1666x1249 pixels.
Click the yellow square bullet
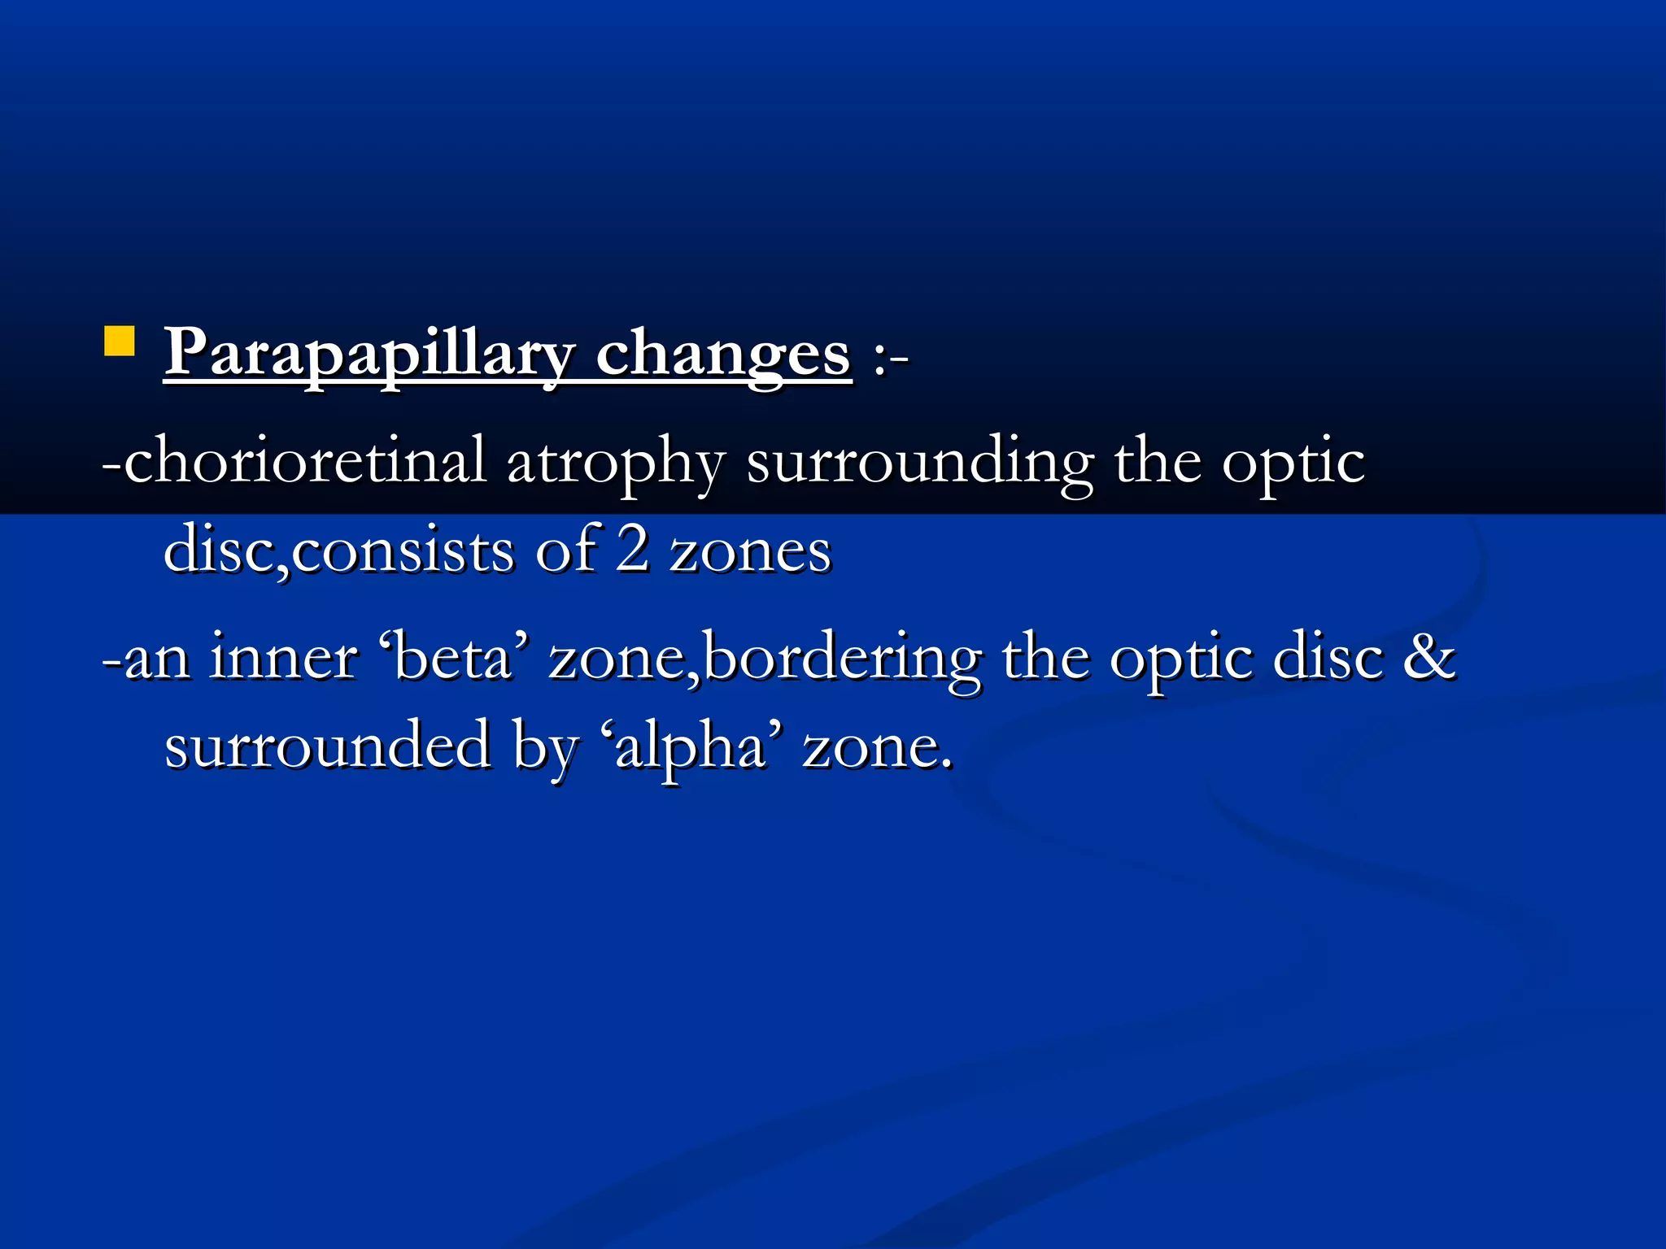pyautogui.click(x=119, y=342)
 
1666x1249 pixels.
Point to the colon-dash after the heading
pyautogui.click(x=890, y=358)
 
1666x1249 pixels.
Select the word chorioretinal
pyautogui.click(x=305, y=461)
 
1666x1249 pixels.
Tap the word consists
pyautogui.click(x=402, y=551)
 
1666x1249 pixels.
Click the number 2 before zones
pyautogui.click(x=632, y=549)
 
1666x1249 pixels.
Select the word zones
pyautogui.click(x=749, y=552)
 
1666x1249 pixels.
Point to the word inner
pyautogui.click(x=283, y=656)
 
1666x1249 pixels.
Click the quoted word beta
pyautogui.click(x=456, y=656)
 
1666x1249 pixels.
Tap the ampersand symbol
pyautogui.click(x=1429, y=656)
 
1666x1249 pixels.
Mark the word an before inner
pyautogui.click(x=157, y=658)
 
